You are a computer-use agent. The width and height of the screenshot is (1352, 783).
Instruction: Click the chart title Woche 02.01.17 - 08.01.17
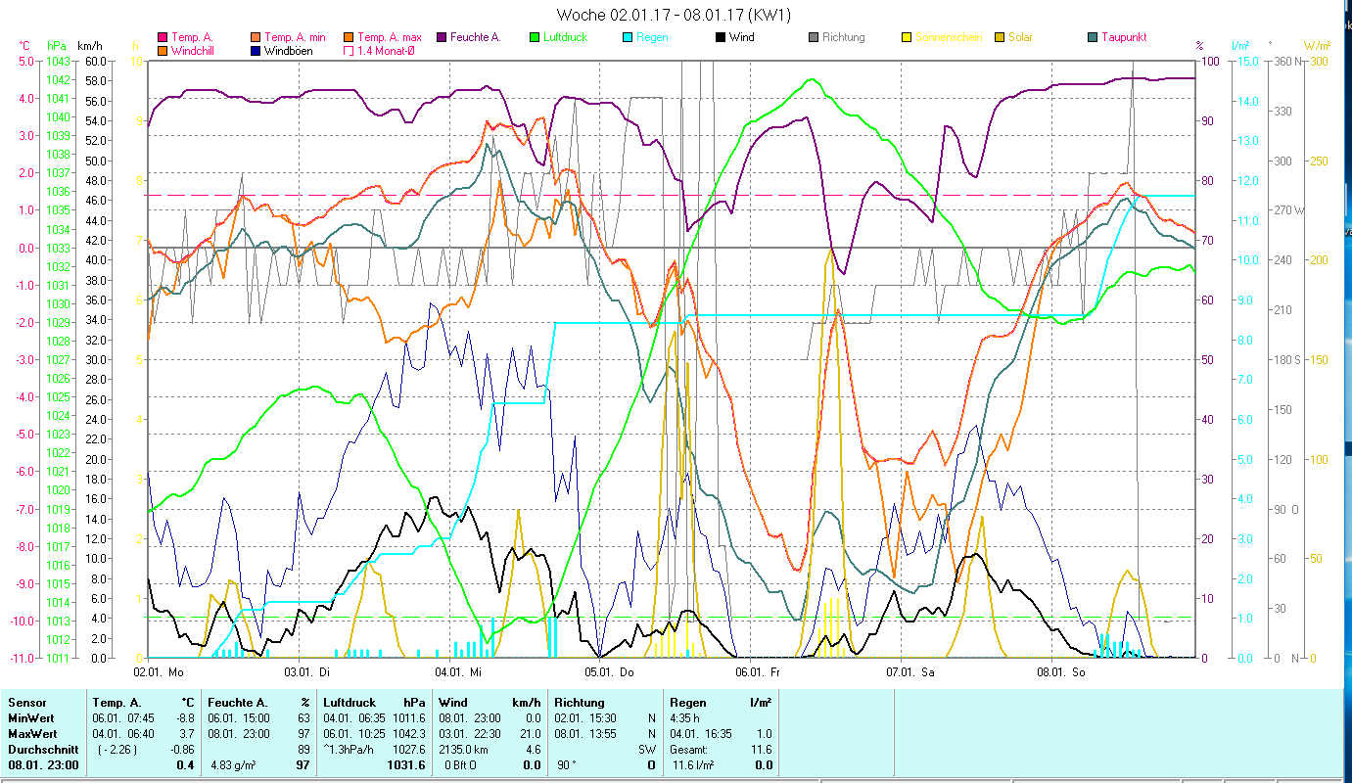674,15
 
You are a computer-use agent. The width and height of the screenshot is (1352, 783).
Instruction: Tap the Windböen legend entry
288,50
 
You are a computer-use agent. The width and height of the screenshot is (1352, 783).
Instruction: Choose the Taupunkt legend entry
1123,37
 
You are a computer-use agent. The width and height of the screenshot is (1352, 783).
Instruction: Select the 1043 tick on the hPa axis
57,61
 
